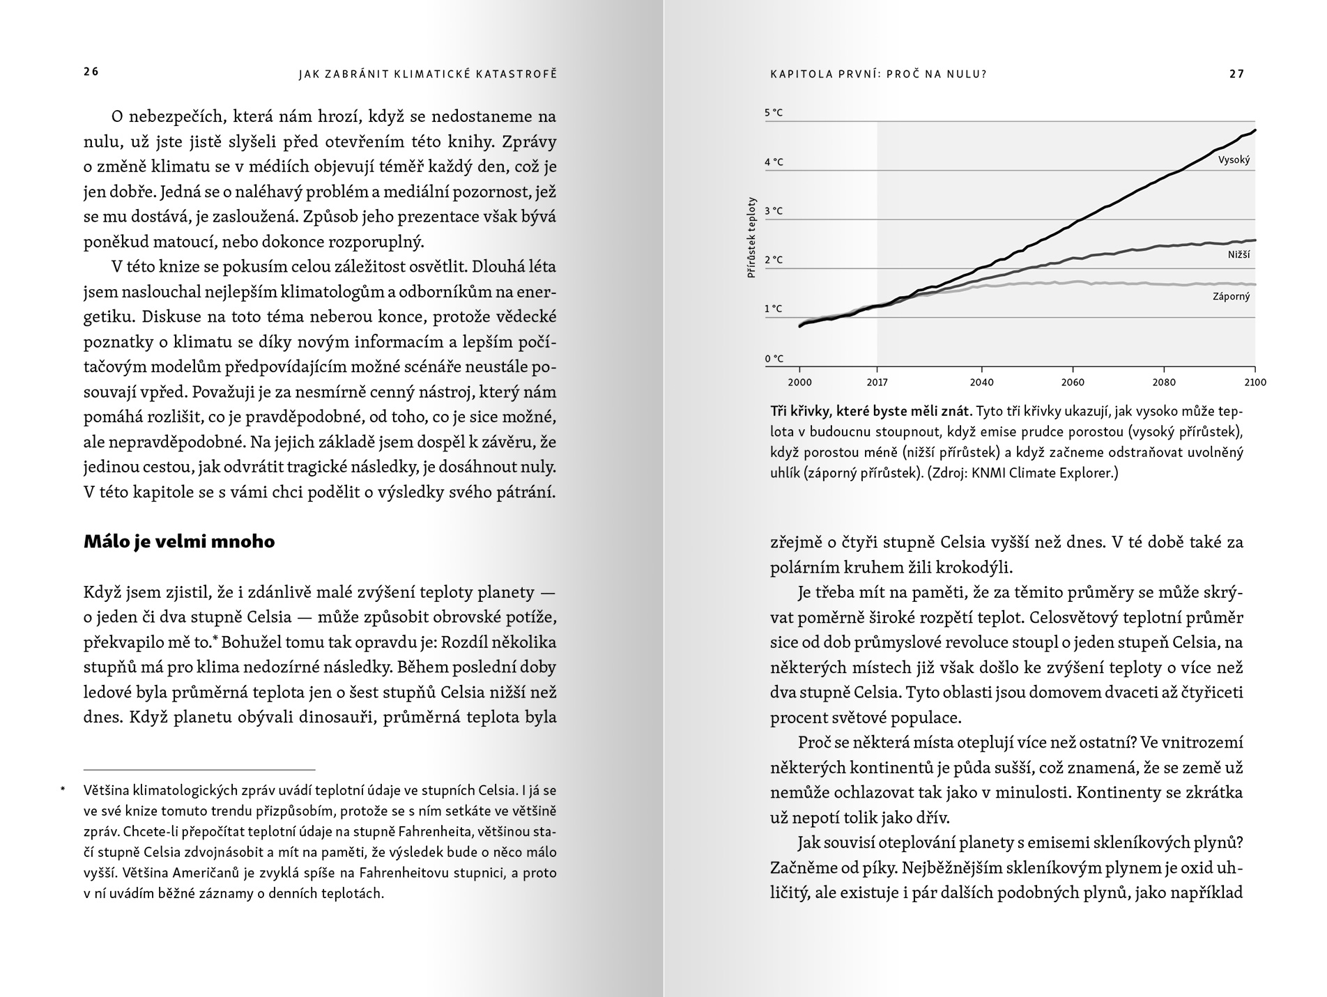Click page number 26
click(91, 72)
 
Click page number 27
click(1236, 74)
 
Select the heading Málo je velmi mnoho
click(179, 541)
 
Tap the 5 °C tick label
click(774, 112)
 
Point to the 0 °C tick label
click(774, 359)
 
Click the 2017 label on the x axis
click(877, 382)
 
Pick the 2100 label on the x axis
click(1255, 382)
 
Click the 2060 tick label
click(1073, 382)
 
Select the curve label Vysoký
click(1234, 160)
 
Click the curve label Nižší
click(1238, 254)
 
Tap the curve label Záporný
click(1231, 296)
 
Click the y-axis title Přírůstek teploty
click(751, 238)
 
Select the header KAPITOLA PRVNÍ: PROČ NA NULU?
click(878, 74)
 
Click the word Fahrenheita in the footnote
click(443, 831)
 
